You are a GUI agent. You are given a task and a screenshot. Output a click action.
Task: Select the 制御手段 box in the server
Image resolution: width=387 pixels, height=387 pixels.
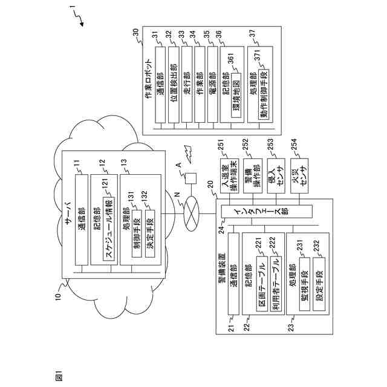click(136, 230)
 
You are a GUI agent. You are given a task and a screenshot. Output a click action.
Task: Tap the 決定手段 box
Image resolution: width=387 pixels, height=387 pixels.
click(149, 230)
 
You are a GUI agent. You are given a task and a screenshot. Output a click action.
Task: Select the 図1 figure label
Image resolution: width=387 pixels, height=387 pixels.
click(59, 375)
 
